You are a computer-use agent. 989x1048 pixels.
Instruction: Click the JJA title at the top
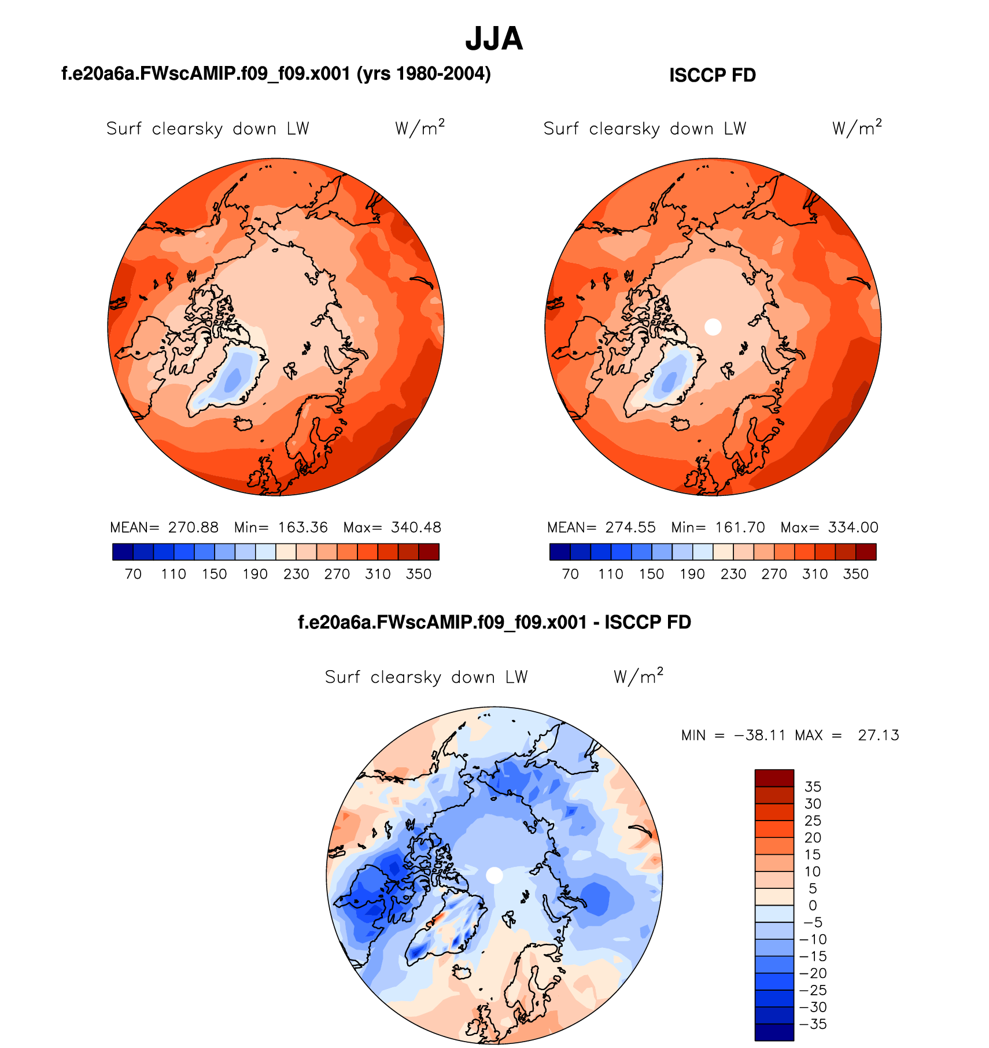pyautogui.click(x=494, y=39)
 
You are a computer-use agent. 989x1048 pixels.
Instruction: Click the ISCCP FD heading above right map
pyautogui.click(x=712, y=75)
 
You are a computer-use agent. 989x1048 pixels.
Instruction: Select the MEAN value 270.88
pyautogui.click(x=193, y=527)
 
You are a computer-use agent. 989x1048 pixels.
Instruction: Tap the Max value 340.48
pyautogui.click(x=416, y=527)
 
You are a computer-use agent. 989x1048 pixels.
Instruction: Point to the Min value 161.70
pyautogui.click(x=740, y=527)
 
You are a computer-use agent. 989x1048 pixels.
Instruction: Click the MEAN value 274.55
pyautogui.click(x=630, y=527)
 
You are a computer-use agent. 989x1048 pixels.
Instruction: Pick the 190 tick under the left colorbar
pyautogui.click(x=255, y=574)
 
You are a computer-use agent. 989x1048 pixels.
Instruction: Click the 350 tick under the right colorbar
pyautogui.click(x=855, y=574)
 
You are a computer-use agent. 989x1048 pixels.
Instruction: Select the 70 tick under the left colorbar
pyautogui.click(x=133, y=574)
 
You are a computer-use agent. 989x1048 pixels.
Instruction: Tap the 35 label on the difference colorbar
pyautogui.click(x=813, y=786)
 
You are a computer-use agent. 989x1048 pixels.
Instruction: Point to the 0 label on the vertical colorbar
pyautogui.click(x=813, y=905)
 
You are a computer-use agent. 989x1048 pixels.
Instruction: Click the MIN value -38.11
pyautogui.click(x=760, y=735)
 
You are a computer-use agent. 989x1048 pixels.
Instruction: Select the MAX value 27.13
pyautogui.click(x=878, y=735)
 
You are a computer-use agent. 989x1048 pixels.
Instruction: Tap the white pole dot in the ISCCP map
pyautogui.click(x=713, y=327)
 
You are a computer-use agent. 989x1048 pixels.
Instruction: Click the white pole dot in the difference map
pyautogui.click(x=494, y=875)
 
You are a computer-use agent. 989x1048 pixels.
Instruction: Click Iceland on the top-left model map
pyautogui.click(x=243, y=423)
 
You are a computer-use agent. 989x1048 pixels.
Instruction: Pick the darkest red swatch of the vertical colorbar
pyautogui.click(x=774, y=778)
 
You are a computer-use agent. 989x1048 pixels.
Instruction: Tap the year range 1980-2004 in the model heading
pyautogui.click(x=442, y=73)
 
